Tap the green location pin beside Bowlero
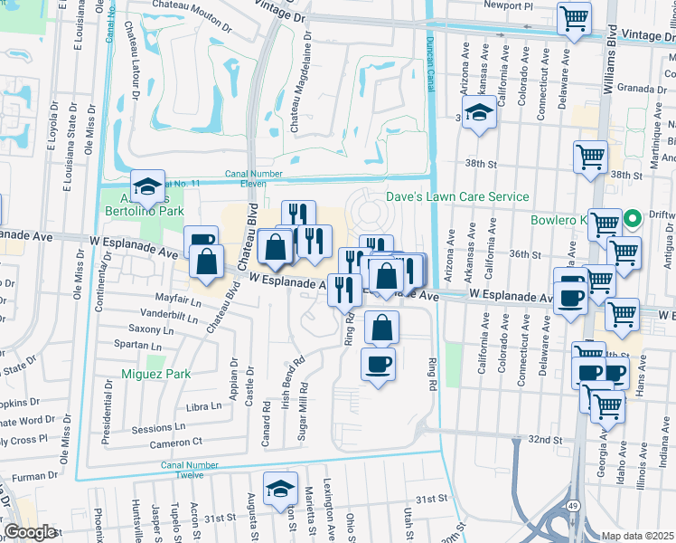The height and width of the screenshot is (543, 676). click(634, 216)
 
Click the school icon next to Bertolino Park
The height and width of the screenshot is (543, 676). click(147, 187)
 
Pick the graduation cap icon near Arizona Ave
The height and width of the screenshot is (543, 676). click(481, 114)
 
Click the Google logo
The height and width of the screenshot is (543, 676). click(31, 532)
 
